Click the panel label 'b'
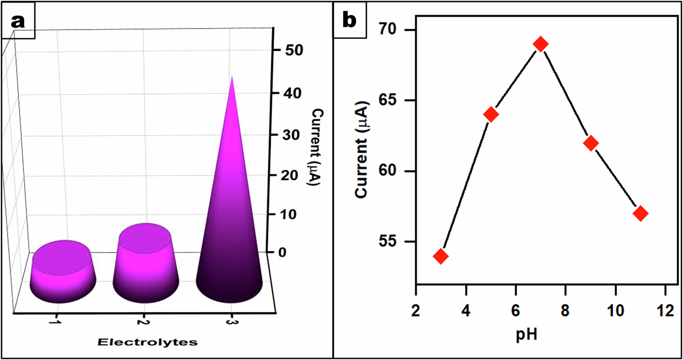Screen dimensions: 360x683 pos(350,21)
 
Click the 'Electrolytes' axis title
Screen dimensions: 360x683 pos(147,342)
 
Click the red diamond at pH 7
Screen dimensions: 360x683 pos(541,44)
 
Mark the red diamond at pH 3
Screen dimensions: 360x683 pos(441,256)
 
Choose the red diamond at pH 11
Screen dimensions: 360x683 pos(641,213)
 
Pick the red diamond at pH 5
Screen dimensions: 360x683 pos(491,114)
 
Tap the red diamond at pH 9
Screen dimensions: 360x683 pos(590,143)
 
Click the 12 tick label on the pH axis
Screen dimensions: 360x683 pos(665,310)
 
